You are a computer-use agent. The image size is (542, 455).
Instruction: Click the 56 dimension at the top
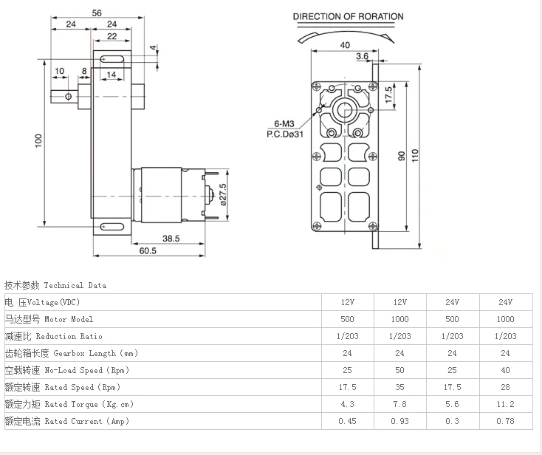97,13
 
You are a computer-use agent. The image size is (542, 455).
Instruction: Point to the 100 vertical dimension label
38,141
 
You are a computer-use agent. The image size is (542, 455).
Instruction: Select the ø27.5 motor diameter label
223,194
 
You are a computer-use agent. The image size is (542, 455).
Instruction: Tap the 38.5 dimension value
171,239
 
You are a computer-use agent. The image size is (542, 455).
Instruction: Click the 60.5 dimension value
148,250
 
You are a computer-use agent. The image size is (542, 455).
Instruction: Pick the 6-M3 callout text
284,123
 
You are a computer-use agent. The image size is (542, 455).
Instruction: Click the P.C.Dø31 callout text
285,134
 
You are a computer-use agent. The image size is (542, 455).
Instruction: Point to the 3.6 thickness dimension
363,56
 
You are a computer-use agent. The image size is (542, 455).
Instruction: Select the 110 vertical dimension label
415,156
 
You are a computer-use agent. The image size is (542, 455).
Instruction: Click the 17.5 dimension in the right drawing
389,95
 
